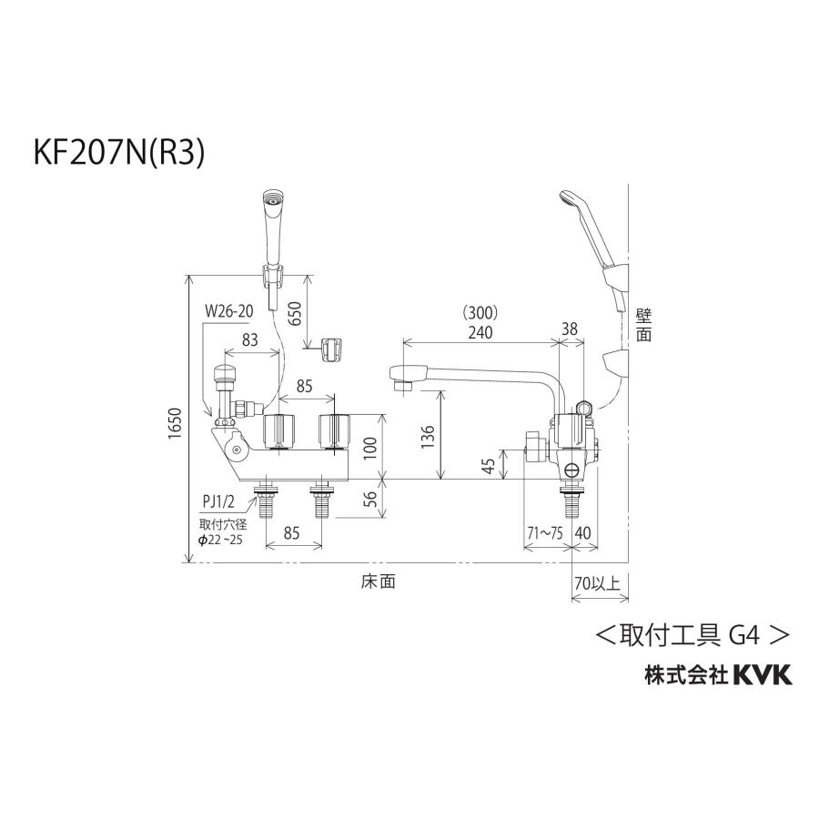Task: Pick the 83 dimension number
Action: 248,339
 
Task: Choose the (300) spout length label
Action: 480,312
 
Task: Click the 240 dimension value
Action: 480,332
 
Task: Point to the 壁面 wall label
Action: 644,323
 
